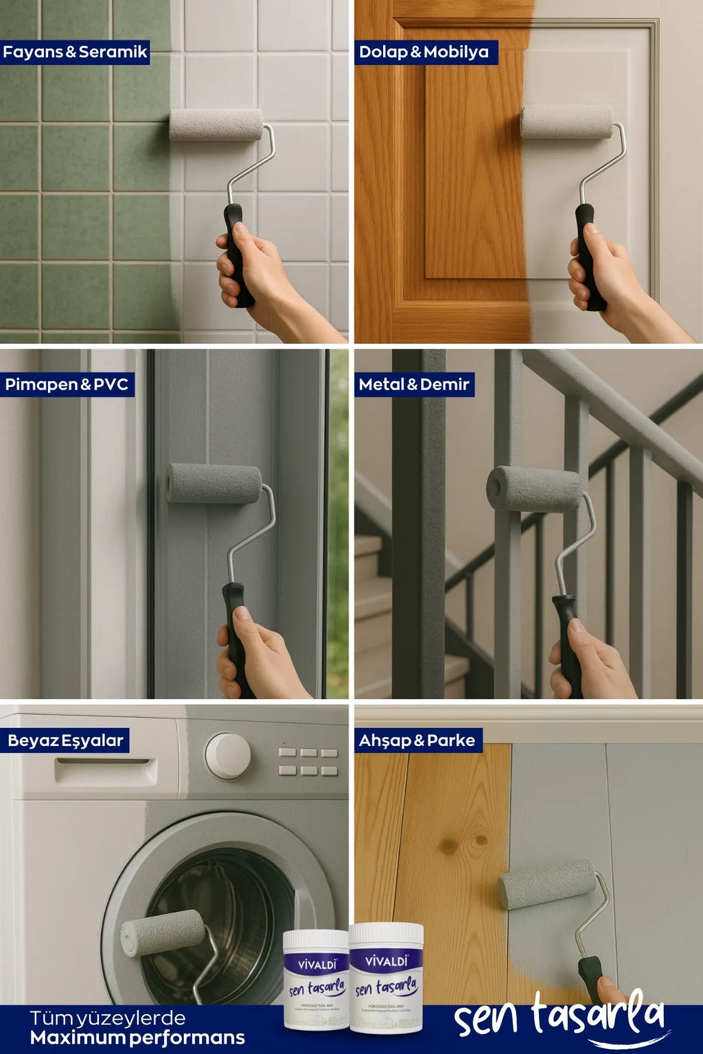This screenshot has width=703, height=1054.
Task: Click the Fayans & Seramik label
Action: tap(75, 52)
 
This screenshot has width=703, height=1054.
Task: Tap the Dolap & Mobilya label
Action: tap(424, 52)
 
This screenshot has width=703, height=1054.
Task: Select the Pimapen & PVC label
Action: tap(67, 384)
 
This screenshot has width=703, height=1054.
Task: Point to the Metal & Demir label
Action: tap(414, 384)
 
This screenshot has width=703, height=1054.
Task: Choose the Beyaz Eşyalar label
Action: tap(65, 740)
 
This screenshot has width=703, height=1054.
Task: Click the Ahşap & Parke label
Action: tap(417, 740)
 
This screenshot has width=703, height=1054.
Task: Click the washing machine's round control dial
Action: tap(227, 756)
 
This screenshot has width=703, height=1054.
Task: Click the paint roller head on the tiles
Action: tap(216, 125)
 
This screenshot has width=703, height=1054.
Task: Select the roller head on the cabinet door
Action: tap(567, 121)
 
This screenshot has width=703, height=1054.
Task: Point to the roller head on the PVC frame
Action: tap(214, 483)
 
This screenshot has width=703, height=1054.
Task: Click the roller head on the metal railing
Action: tap(535, 489)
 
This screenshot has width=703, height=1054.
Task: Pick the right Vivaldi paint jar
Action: tap(387, 978)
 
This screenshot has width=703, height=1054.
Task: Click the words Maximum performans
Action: tap(137, 1038)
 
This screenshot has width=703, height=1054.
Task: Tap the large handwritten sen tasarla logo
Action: tap(560, 1018)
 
